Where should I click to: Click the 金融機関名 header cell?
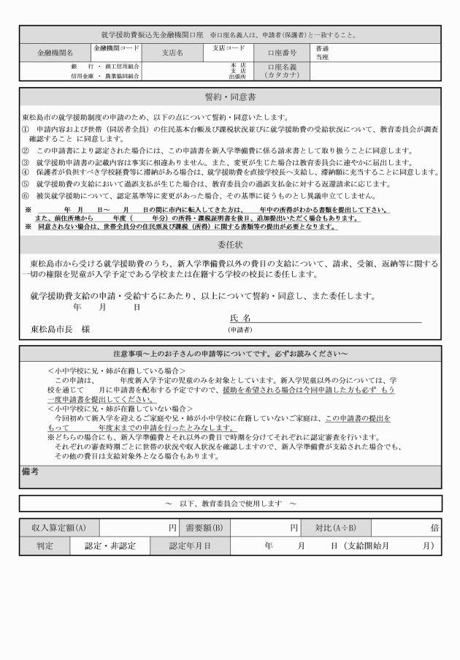click(x=55, y=53)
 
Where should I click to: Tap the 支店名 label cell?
click(x=172, y=53)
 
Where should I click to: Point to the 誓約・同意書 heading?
click(x=229, y=98)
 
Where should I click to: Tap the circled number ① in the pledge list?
click(x=26, y=129)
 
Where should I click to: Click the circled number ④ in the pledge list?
click(x=26, y=172)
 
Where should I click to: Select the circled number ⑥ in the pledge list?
click(x=26, y=195)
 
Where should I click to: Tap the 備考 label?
click(x=31, y=472)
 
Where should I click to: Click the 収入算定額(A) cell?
click(x=59, y=526)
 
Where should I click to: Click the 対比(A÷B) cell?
click(x=336, y=526)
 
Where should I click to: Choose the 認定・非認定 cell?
click(x=110, y=545)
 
